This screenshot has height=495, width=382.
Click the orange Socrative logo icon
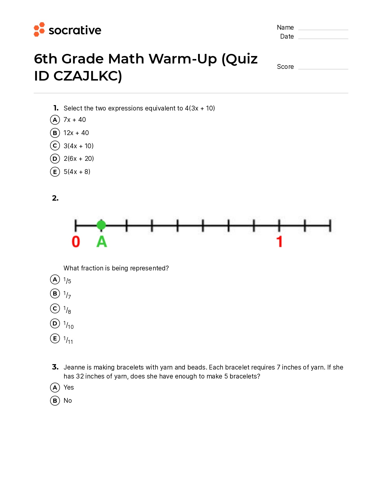coord(39,29)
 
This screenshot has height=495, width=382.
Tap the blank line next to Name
coord(323,29)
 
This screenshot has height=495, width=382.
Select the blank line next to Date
coord(323,38)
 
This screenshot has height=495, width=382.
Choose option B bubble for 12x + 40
coord(55,133)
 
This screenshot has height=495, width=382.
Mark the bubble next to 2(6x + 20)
coord(55,158)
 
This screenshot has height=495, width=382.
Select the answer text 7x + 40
coord(75,120)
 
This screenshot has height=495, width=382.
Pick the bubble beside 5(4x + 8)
coord(55,172)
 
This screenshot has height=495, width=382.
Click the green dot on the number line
coord(101,225)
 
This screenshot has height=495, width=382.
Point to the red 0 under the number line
coord(76,242)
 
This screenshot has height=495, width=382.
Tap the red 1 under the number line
coord(279,242)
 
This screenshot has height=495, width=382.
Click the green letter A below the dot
coord(102,242)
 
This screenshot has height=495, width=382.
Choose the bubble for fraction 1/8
coord(55,308)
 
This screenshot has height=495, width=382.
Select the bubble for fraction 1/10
coord(55,323)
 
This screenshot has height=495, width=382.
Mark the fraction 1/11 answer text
coord(68,340)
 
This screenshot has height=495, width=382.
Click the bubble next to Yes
coord(55,387)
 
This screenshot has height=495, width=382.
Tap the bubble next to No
coord(55,401)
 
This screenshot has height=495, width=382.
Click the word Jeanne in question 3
coord(74,367)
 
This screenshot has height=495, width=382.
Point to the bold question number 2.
coord(55,198)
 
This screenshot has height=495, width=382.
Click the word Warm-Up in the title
coord(183,59)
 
